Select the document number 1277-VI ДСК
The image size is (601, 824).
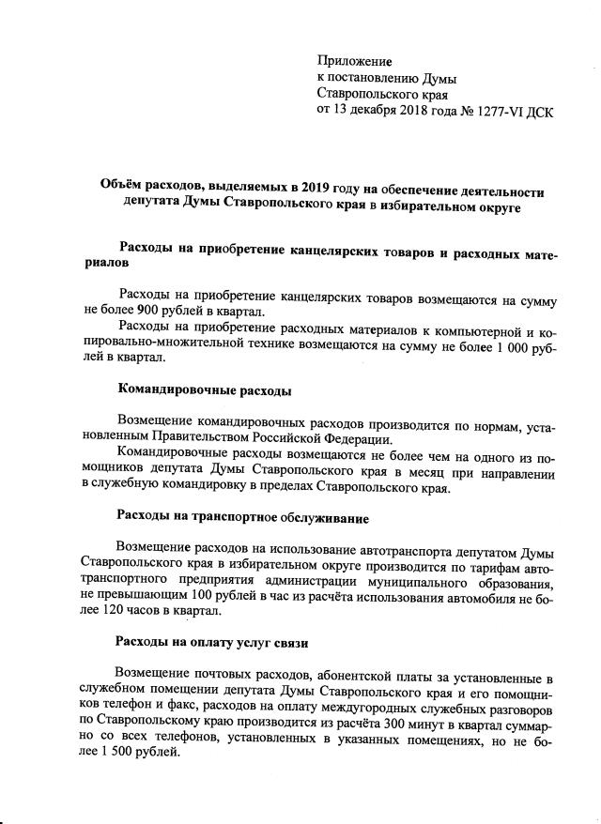pyautogui.click(x=511, y=113)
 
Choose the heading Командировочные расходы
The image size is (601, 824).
pyautogui.click(x=203, y=389)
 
